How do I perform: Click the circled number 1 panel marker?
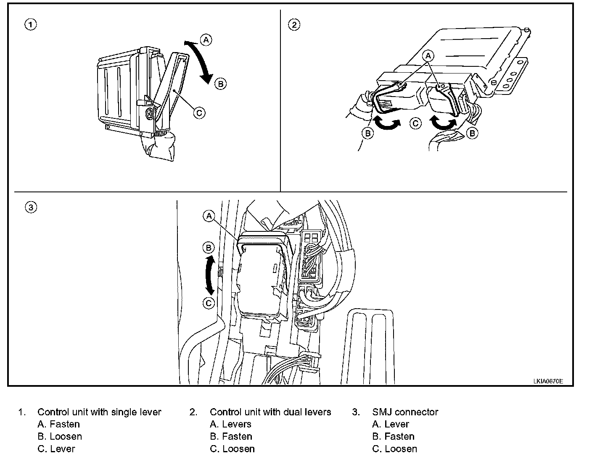click(x=30, y=25)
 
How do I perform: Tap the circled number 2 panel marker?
click(x=294, y=25)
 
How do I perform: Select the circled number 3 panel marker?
click(x=31, y=207)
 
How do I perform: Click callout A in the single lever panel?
click(x=206, y=40)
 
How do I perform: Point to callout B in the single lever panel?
click(x=220, y=84)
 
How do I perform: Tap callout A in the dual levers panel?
click(x=428, y=55)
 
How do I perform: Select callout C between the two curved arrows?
click(x=415, y=123)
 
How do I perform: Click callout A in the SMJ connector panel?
click(x=209, y=216)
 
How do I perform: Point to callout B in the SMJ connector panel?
click(x=209, y=248)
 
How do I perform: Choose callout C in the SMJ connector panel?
click(x=209, y=303)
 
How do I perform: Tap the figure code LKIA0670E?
click(x=548, y=381)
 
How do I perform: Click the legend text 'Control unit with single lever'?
click(x=99, y=412)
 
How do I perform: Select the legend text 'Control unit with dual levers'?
click(x=270, y=412)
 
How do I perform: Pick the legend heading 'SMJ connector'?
click(x=405, y=412)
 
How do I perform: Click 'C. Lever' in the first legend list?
click(x=56, y=449)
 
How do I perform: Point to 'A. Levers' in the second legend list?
click(x=230, y=425)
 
